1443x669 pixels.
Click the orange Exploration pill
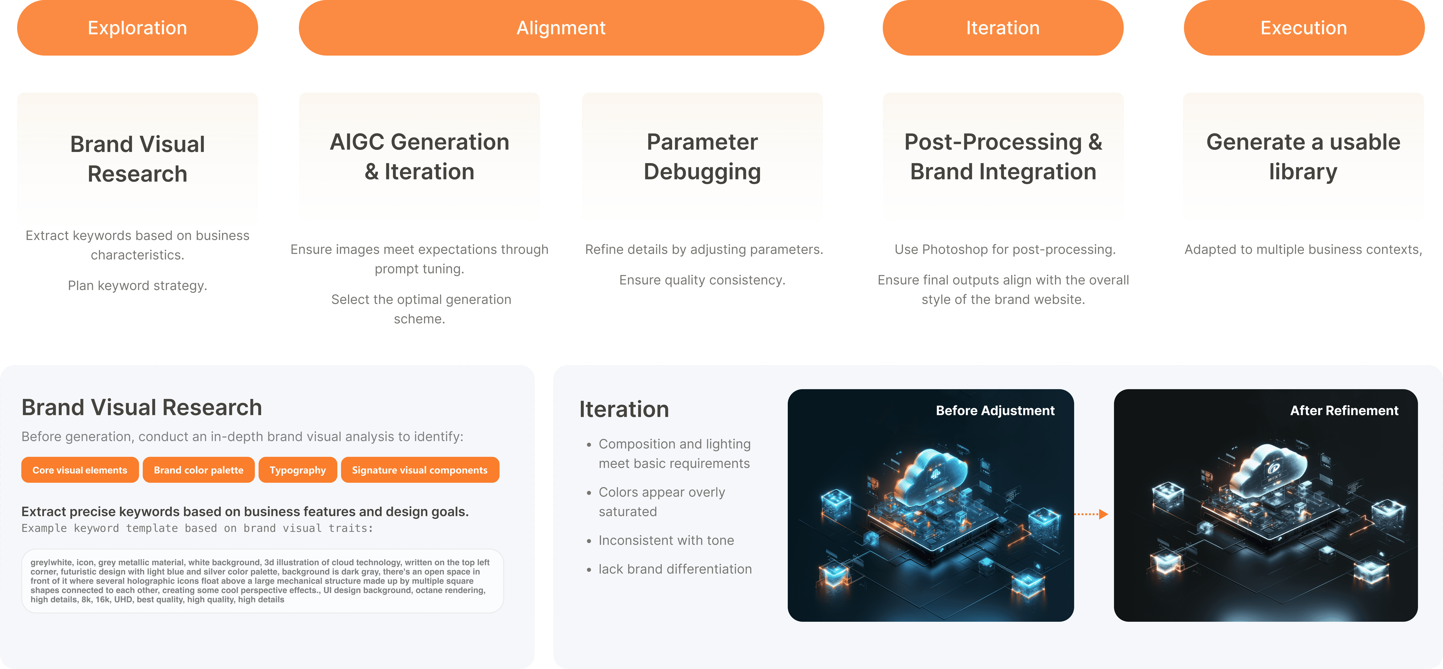tap(137, 28)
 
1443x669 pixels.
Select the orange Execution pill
tap(1304, 28)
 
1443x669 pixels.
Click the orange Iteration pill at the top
tap(1003, 28)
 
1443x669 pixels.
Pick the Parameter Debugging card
tap(702, 157)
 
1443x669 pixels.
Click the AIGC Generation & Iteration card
tap(419, 157)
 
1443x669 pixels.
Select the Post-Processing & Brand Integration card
tap(1003, 157)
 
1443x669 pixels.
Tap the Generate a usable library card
tap(1303, 157)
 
